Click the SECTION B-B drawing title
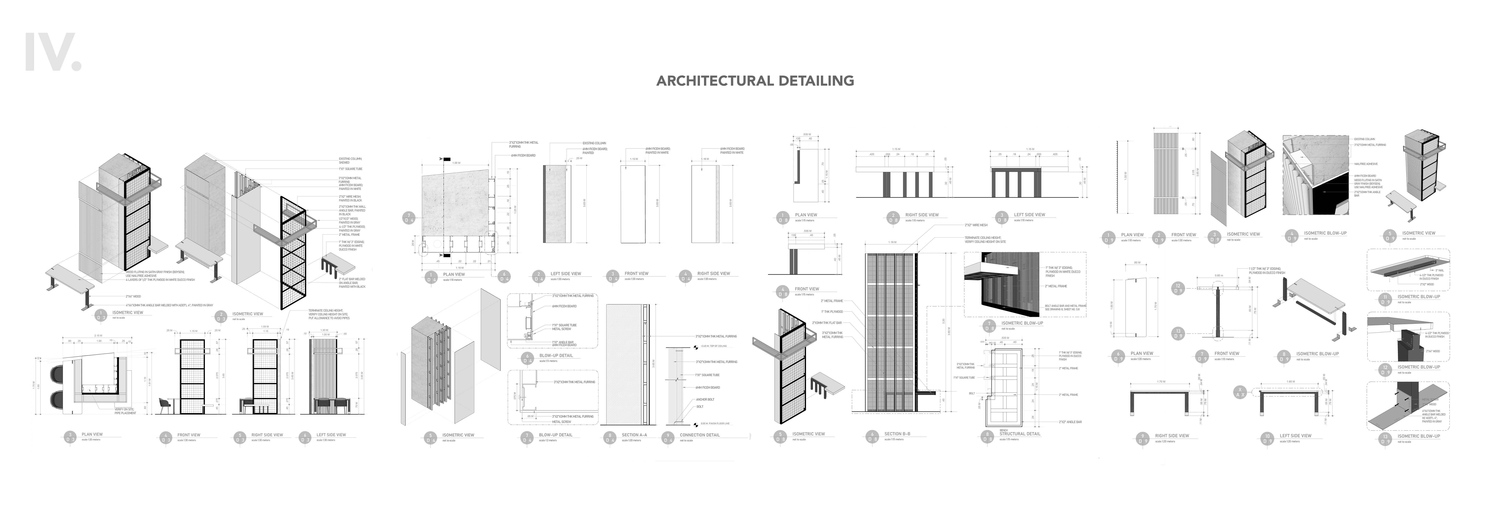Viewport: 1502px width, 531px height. click(x=897, y=434)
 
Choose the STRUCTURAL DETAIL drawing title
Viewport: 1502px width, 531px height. click(x=1019, y=434)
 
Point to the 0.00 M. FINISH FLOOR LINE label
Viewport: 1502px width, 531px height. click(x=714, y=424)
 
